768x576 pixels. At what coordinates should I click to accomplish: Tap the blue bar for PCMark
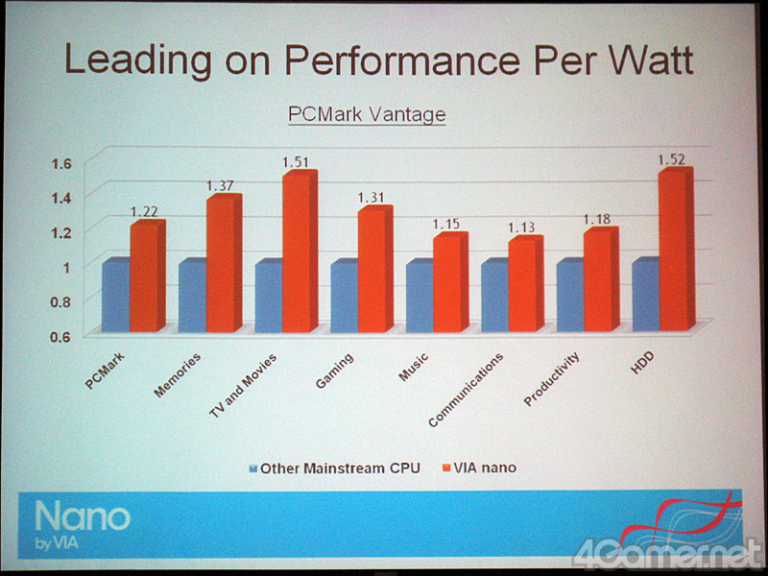coord(115,295)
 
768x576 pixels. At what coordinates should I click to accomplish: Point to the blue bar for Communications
coord(495,295)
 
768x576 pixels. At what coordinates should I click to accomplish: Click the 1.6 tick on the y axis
coord(60,162)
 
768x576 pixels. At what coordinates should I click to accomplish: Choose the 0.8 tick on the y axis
coord(60,301)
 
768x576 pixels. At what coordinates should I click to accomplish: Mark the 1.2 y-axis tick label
coord(60,231)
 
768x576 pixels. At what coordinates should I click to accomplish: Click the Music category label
coord(414,368)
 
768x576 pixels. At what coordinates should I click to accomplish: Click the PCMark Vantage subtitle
coord(368,114)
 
